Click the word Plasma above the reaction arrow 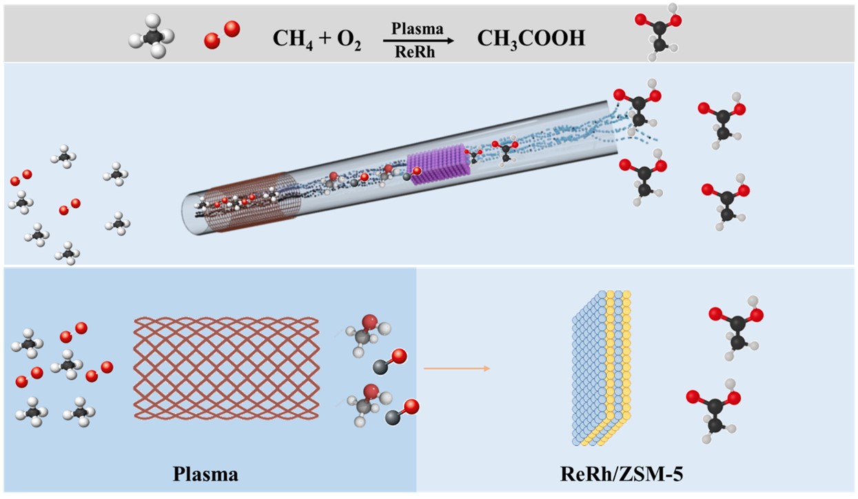point(417,30)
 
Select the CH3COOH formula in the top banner point(531,39)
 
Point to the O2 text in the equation point(349,39)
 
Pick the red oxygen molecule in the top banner point(222,35)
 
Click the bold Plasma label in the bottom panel point(206,475)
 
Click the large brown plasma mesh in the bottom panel point(227,368)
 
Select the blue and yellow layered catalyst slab point(602,369)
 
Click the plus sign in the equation point(322,39)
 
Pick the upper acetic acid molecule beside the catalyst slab point(736,325)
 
